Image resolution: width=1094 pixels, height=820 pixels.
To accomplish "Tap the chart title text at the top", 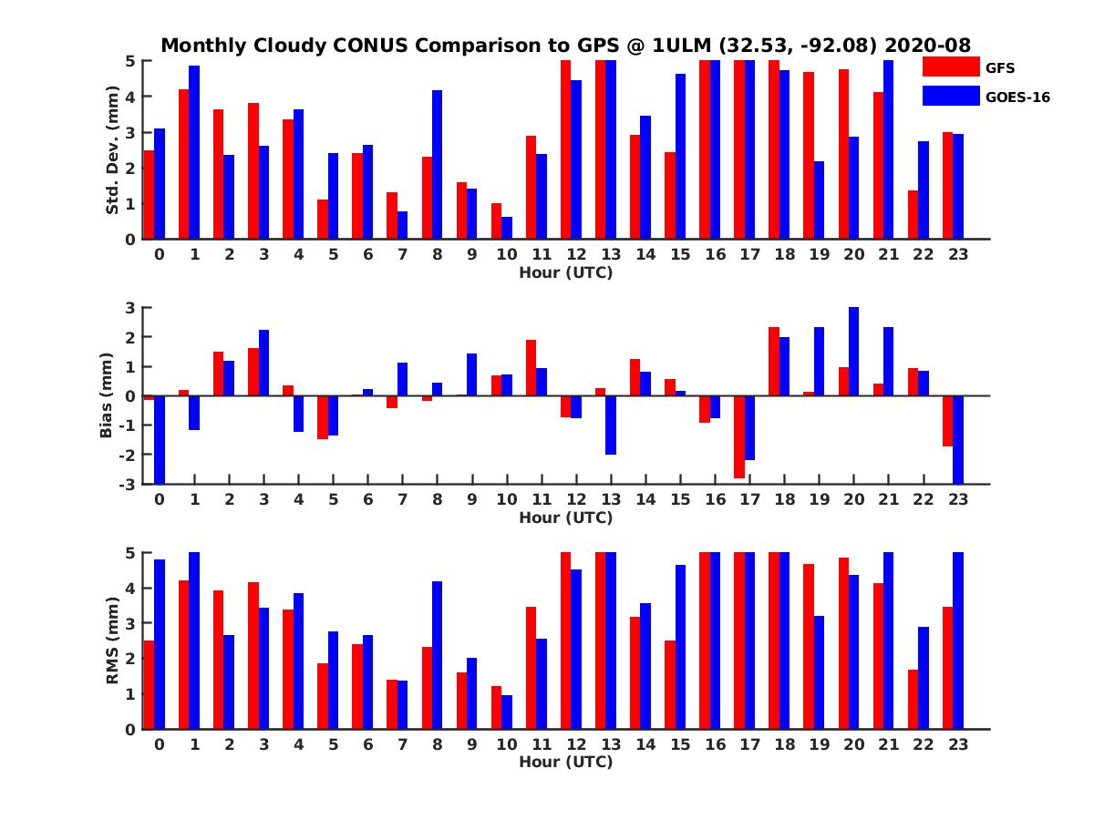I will click(565, 46).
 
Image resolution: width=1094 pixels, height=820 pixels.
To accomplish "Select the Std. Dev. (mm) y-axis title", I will click(113, 150).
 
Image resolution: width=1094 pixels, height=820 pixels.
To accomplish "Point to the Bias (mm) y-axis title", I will click(106, 395).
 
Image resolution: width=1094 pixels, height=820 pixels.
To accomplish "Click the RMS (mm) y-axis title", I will click(113, 641).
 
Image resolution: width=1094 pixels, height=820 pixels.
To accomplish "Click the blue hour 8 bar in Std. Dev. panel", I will click(438, 165).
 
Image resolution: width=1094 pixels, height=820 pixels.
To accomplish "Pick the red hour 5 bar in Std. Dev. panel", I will click(323, 220).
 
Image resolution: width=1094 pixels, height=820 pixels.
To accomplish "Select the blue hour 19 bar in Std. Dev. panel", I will click(820, 200).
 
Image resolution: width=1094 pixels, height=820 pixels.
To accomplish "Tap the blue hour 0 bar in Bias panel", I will click(160, 439).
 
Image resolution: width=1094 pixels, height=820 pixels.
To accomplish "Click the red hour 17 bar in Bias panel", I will click(739, 436).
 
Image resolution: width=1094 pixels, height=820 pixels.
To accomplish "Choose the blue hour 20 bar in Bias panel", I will click(854, 352).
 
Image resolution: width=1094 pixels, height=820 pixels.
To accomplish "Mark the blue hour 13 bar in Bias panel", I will click(611, 425).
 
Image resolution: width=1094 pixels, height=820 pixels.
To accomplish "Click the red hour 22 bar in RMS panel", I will click(913, 699).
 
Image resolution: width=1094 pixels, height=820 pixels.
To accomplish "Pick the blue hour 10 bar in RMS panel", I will click(507, 712).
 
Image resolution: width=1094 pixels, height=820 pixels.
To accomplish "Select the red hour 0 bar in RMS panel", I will click(149, 684).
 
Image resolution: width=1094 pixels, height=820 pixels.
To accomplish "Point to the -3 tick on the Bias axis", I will click(130, 484).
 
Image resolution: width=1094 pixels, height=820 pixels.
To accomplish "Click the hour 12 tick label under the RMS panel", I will click(576, 744).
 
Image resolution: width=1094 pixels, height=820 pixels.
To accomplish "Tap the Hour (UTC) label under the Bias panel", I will click(565, 518).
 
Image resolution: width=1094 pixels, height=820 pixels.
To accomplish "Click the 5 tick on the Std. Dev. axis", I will click(131, 61).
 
